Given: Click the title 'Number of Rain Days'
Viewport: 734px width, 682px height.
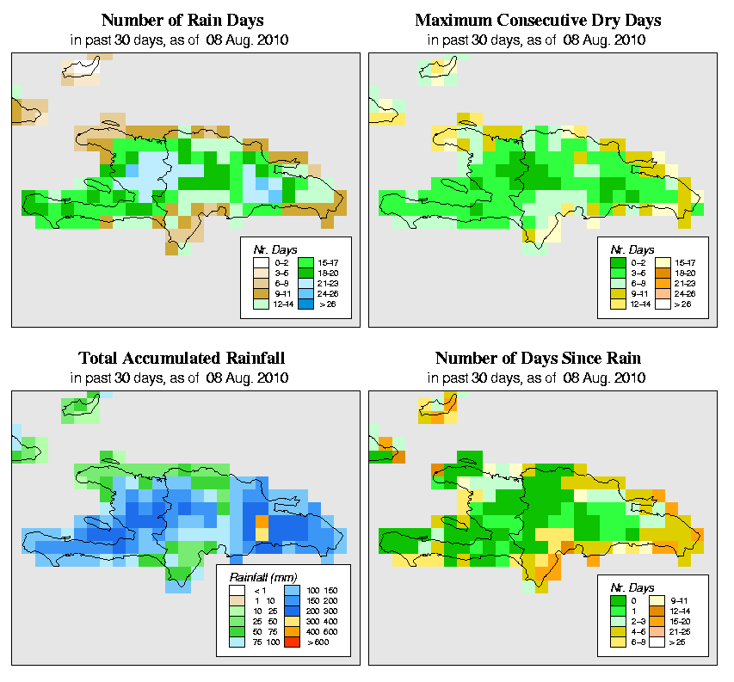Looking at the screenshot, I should click(x=182, y=20).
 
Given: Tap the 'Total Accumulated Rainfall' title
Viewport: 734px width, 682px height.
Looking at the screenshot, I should click(x=182, y=359).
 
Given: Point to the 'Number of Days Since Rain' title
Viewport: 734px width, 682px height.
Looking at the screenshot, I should click(x=538, y=359).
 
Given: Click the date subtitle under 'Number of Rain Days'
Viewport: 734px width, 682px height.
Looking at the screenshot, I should click(x=182, y=40).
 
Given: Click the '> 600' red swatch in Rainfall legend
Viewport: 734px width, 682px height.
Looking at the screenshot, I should click(x=291, y=642).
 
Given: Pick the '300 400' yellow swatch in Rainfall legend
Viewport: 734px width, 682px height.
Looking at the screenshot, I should click(x=291, y=619).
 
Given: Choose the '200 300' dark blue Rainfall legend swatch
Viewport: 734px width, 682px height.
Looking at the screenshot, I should click(x=291, y=609).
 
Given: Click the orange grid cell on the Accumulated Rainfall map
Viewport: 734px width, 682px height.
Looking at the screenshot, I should click(x=262, y=521).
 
